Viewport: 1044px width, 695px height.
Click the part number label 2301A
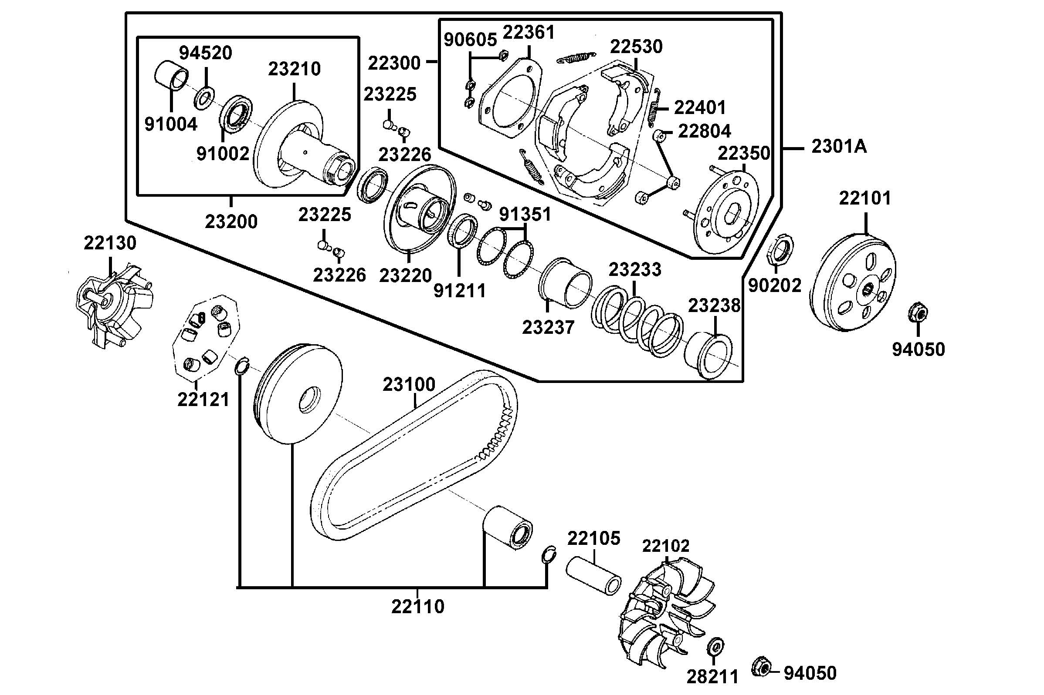tap(839, 147)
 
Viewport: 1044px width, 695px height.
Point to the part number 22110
tap(417, 606)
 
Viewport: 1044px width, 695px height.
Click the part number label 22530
tap(636, 46)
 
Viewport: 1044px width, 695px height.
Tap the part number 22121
tap(203, 400)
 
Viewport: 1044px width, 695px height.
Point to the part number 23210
tap(294, 69)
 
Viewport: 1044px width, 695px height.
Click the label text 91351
tap(525, 215)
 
